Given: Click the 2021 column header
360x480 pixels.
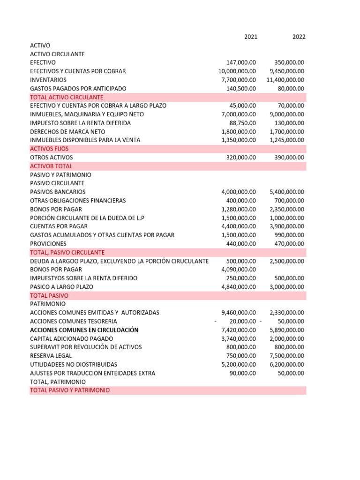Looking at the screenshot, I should [250, 37].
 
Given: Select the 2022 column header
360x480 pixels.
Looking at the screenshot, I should [299, 37].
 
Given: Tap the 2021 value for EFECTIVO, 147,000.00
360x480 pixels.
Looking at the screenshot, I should [241, 62].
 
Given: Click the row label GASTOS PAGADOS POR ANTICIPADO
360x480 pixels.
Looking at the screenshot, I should [78, 88].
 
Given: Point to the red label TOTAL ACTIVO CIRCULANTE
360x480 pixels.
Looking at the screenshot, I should [67, 97].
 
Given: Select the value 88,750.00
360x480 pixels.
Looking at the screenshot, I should [243, 123].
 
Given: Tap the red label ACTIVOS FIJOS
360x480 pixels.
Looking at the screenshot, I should [49, 149].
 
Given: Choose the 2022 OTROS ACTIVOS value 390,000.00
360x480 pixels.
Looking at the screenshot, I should [289, 157].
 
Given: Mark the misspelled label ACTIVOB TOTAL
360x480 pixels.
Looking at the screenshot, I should [51, 166].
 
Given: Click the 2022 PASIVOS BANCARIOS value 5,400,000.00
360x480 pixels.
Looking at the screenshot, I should [287, 192].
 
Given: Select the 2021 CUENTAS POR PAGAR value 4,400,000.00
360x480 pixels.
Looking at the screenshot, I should [239, 226].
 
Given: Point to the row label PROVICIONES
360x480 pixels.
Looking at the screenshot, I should [48, 244].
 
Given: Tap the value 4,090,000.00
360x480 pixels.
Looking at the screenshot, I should [239, 270].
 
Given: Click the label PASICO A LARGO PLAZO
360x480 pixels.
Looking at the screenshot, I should [61, 287].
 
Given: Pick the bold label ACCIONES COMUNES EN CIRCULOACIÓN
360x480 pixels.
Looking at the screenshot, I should [84, 330].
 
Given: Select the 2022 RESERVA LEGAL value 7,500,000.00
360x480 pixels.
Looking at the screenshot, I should [287, 356].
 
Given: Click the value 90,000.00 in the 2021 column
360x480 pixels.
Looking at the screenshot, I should [243, 373].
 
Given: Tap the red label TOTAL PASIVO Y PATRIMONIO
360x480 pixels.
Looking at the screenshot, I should [70, 390].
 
